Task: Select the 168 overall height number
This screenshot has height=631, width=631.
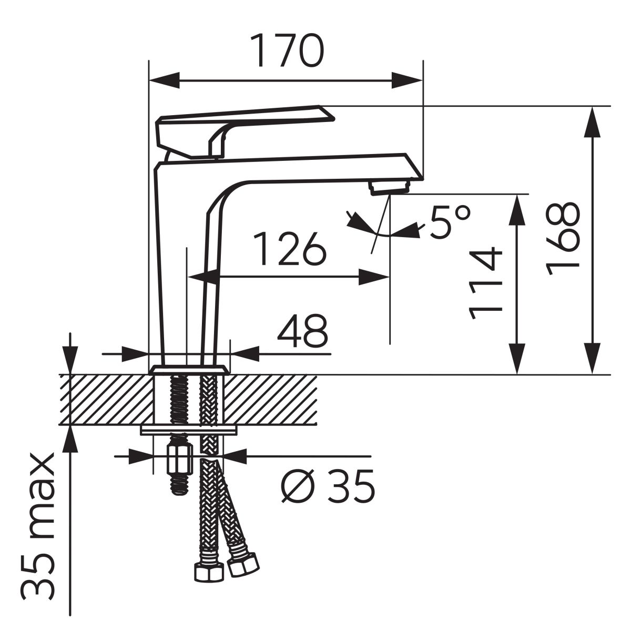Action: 563,239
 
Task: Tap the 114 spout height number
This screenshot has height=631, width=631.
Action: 485,283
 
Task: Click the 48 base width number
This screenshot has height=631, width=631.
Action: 302,331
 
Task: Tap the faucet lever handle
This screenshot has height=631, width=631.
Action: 244,131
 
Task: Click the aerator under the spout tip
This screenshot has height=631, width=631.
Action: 390,188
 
